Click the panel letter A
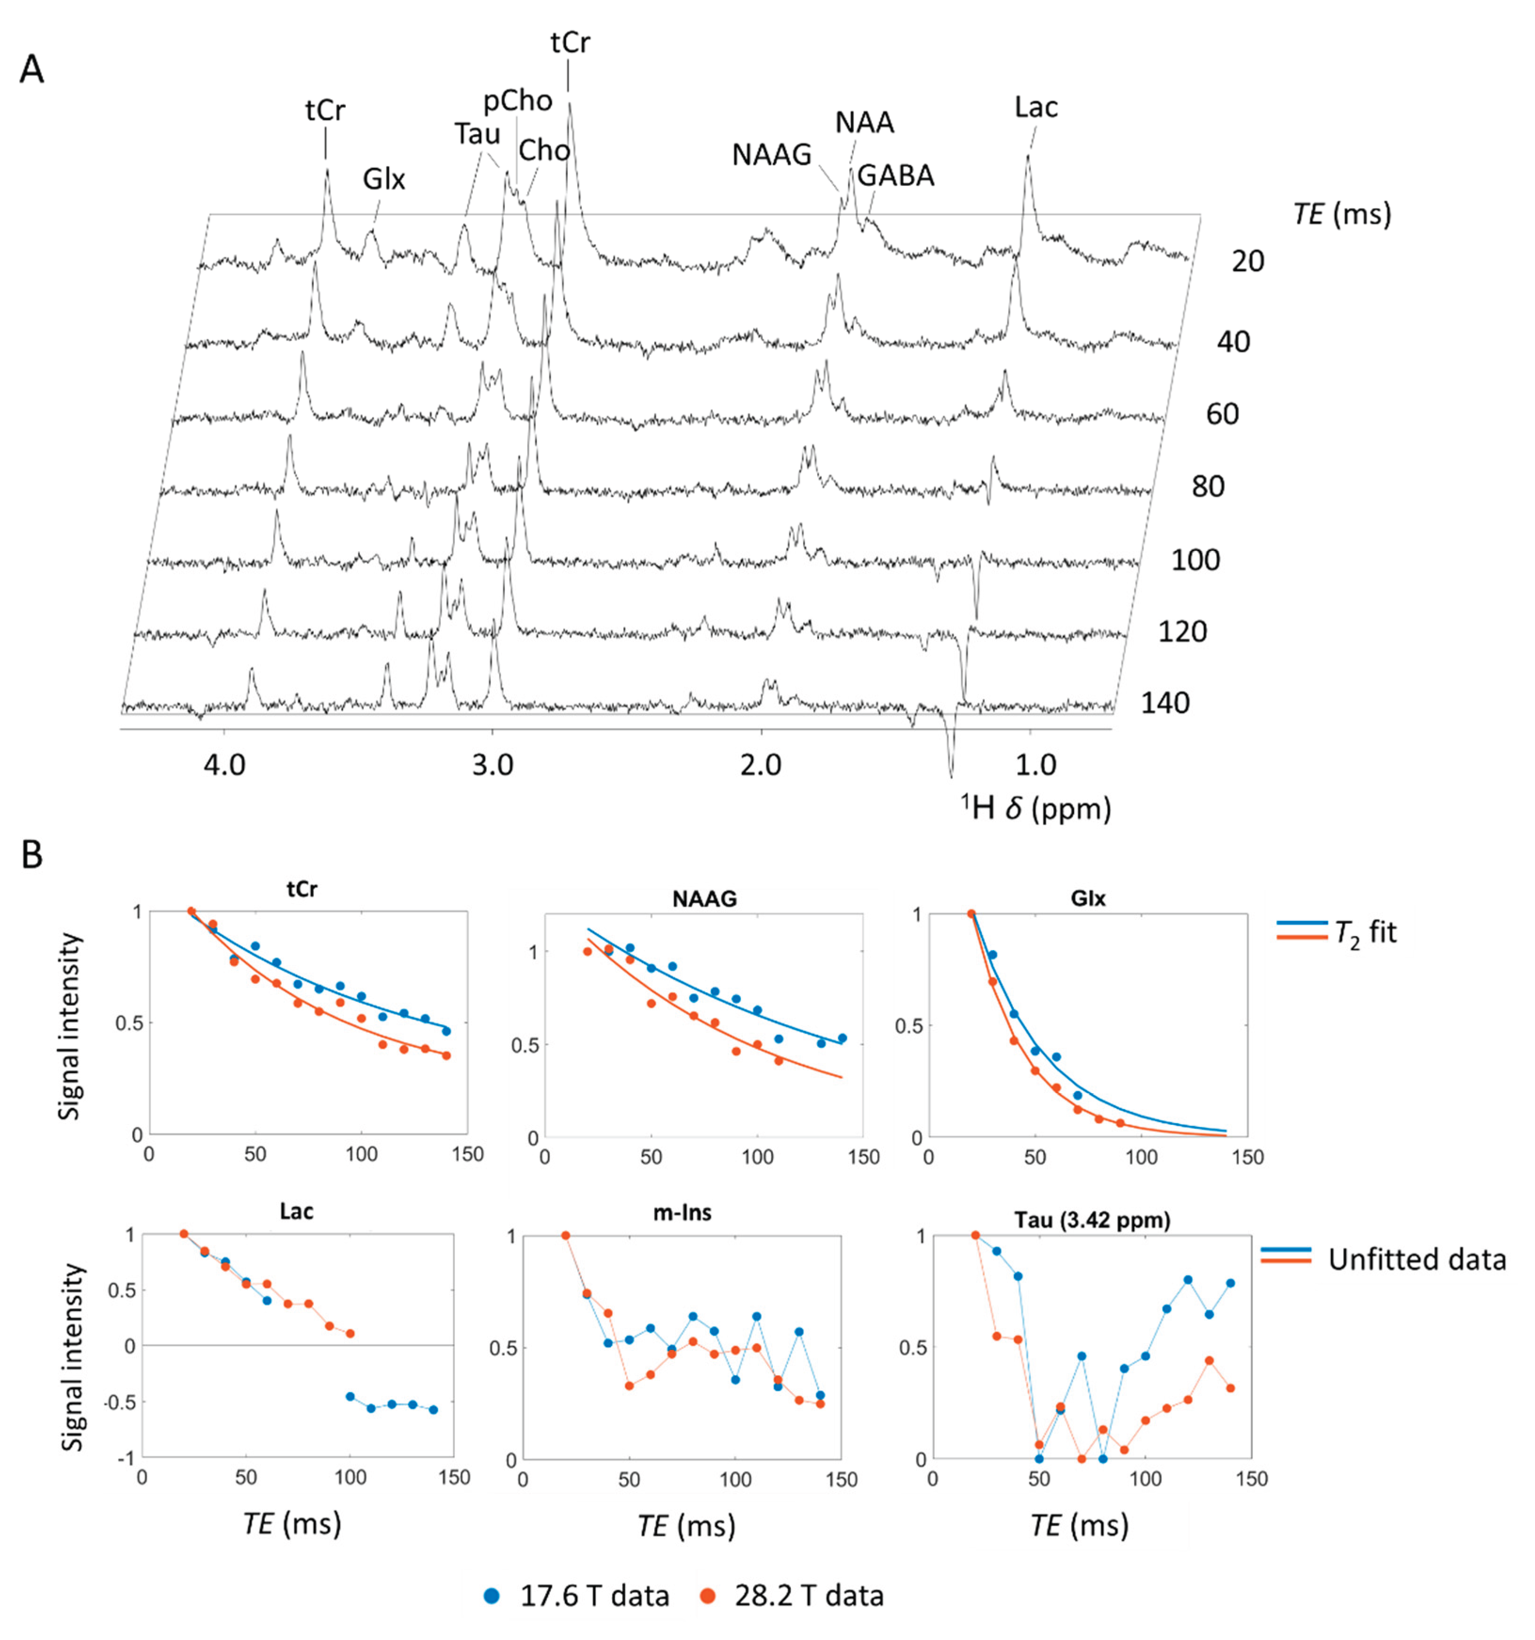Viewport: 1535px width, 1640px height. point(32,69)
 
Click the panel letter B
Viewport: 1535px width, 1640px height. point(32,856)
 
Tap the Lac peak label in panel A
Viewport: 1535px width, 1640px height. point(1036,107)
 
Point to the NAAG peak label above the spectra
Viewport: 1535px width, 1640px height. point(771,154)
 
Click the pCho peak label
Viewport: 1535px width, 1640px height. point(517,101)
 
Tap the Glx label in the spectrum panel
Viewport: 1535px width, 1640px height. point(384,179)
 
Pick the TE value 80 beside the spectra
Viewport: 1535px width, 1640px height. point(1208,487)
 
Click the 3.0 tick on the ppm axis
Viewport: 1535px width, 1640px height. point(493,765)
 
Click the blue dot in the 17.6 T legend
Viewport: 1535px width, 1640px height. point(492,1595)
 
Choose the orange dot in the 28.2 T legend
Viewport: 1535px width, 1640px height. point(707,1595)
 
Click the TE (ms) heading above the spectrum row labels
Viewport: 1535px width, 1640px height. point(1342,214)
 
